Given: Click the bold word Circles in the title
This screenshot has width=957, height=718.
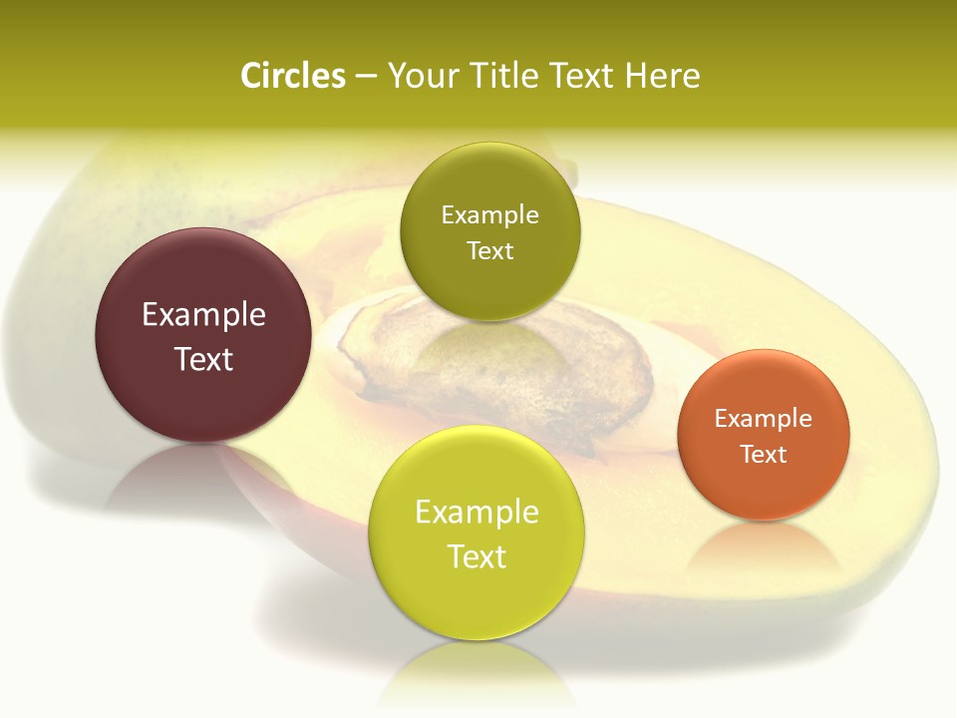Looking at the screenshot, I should pyautogui.click(x=292, y=76).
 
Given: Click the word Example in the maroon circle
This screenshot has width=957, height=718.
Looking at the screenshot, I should pyautogui.click(x=203, y=315).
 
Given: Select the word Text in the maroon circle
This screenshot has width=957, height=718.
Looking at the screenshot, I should pyautogui.click(x=203, y=359).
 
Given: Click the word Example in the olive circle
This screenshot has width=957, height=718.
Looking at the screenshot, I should pyautogui.click(x=489, y=215).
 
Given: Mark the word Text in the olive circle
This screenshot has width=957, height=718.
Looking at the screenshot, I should pyautogui.click(x=489, y=250).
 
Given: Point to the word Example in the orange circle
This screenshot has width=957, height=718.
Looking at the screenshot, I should pyautogui.click(x=763, y=419).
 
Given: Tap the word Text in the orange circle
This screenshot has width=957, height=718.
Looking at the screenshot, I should pyautogui.click(x=763, y=455).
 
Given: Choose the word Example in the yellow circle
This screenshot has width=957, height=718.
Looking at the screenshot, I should pyautogui.click(x=477, y=513).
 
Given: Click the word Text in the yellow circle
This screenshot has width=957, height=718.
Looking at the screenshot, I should pyautogui.click(x=477, y=556).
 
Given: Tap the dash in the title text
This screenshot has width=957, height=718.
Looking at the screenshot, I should pyautogui.click(x=365, y=77).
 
